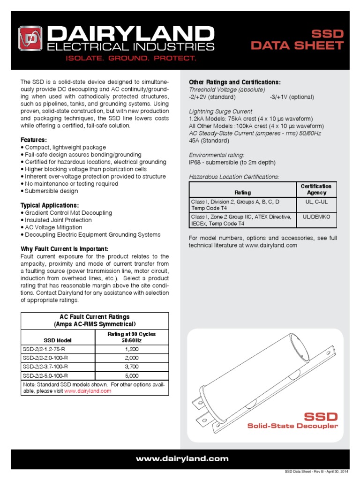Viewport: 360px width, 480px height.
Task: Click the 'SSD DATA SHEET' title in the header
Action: (x=297, y=40)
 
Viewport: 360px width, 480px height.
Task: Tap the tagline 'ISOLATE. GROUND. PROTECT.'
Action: (x=117, y=58)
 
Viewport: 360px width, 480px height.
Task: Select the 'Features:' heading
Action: (x=34, y=140)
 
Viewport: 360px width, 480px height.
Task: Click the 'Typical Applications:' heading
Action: (x=50, y=205)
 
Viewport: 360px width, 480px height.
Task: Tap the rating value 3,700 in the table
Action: (x=131, y=367)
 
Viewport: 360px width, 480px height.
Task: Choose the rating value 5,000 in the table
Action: (x=131, y=375)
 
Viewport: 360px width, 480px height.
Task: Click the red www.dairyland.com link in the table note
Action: (x=88, y=390)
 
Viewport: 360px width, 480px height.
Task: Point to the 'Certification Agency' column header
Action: (x=316, y=189)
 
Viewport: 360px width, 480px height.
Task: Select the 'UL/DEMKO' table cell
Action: (x=316, y=217)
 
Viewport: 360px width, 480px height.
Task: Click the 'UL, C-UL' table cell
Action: (x=316, y=201)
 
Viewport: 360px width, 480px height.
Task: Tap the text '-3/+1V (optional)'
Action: (x=292, y=97)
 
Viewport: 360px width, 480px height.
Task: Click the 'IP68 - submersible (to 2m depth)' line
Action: (x=232, y=162)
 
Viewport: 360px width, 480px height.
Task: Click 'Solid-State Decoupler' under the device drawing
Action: (x=292, y=426)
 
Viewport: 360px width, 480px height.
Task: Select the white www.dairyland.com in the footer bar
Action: (x=180, y=459)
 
